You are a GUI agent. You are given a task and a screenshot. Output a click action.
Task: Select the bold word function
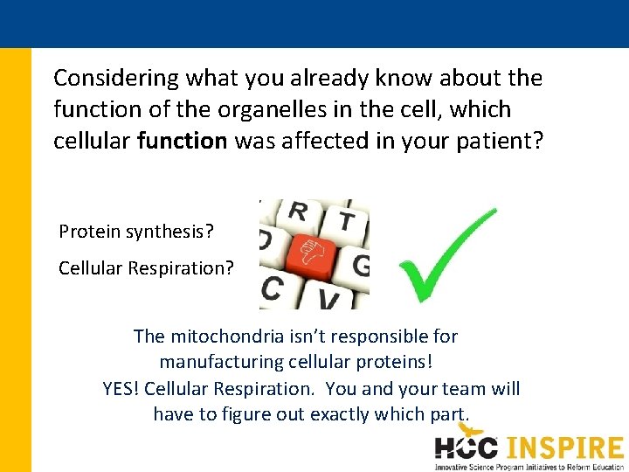[x=182, y=141]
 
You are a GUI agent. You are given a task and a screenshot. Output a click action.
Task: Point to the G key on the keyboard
[x=360, y=265]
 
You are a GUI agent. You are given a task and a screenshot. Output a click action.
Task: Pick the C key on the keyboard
[x=273, y=288]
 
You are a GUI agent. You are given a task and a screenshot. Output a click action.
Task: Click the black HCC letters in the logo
[x=467, y=448]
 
